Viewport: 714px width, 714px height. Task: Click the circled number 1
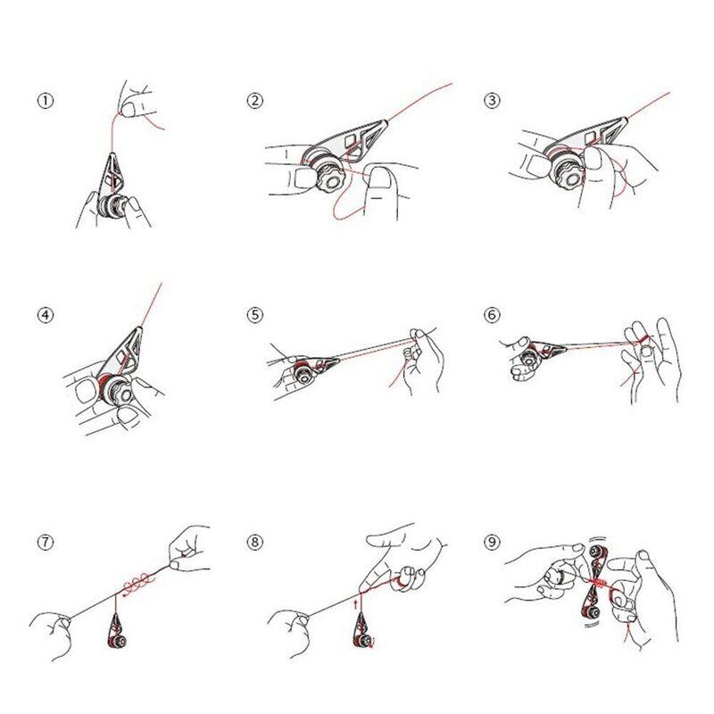click(46, 101)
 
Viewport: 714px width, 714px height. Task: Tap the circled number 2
click(255, 101)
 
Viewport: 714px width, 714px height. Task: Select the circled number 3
click(492, 101)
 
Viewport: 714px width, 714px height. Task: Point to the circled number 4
click(46, 315)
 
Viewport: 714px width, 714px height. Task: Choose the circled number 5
click(255, 315)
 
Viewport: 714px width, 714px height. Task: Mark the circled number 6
click(492, 315)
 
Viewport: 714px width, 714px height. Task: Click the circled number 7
click(46, 543)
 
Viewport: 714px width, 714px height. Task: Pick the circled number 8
click(255, 543)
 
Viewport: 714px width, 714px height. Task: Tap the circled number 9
click(492, 543)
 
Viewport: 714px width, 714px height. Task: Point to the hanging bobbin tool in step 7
click(116, 631)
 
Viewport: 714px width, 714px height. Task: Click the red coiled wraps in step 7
click(138, 584)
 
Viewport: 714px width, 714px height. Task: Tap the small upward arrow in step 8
click(355, 605)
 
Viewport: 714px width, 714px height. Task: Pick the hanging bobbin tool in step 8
click(363, 631)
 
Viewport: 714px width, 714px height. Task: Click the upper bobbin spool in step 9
click(596, 552)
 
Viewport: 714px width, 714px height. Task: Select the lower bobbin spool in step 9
click(592, 611)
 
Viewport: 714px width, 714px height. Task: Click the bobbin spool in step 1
click(112, 206)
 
